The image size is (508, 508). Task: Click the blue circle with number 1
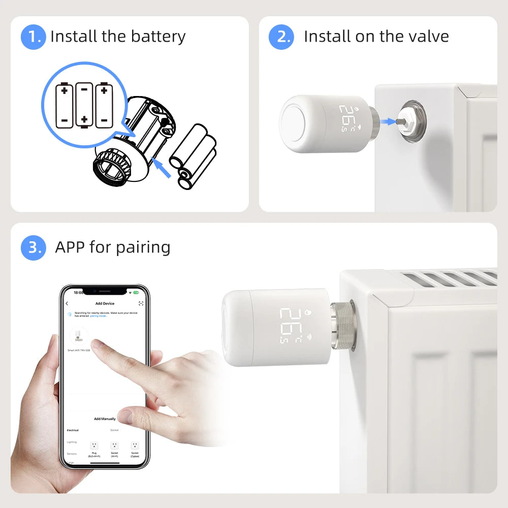tap(34, 37)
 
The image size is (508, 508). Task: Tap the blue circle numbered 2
tap(281, 37)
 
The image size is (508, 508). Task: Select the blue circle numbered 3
tap(34, 247)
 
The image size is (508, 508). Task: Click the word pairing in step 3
tap(143, 248)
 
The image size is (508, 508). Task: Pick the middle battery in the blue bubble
tap(84, 105)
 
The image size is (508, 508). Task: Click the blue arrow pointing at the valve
tap(388, 121)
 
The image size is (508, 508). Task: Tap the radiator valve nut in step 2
tap(412, 120)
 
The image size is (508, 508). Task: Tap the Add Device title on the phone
tap(105, 303)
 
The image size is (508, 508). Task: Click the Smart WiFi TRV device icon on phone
tap(78, 336)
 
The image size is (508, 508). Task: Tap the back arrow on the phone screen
tap(67, 303)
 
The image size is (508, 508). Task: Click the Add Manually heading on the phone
tap(105, 419)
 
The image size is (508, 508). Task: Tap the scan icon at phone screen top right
tap(141, 303)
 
